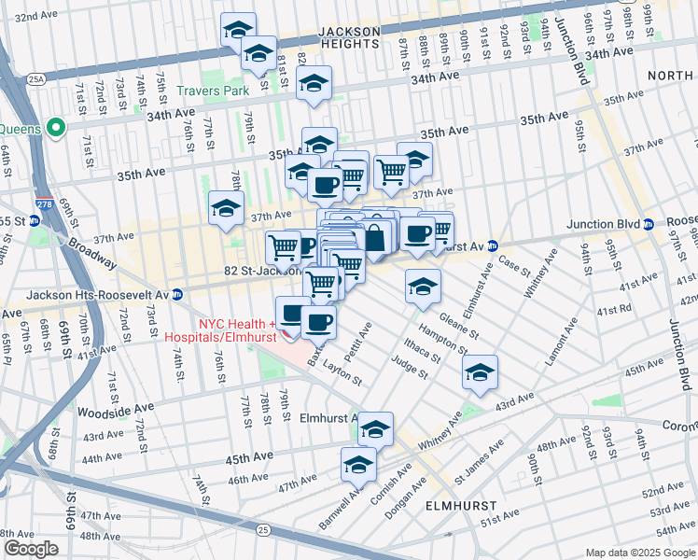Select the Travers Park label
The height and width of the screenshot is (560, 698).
[x=214, y=91]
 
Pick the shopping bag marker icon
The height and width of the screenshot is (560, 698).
[x=374, y=237]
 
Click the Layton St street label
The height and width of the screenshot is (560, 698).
[x=343, y=374]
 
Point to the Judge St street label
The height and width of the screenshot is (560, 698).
[x=409, y=368]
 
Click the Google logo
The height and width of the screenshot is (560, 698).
[x=32, y=549]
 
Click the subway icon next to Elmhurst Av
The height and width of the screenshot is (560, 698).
[x=494, y=246]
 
